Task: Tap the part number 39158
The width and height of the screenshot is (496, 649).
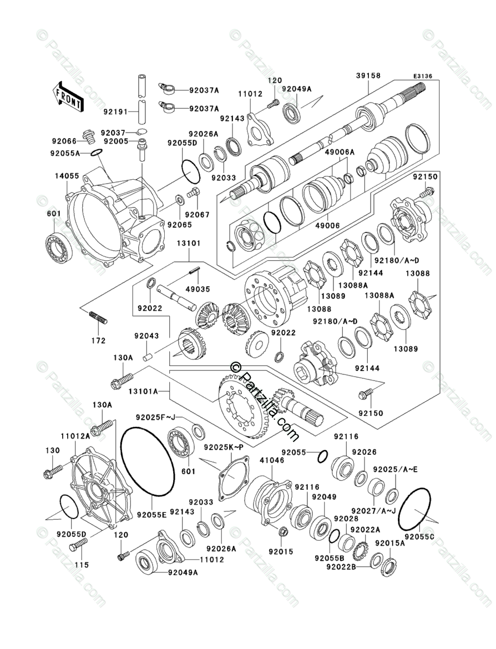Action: (x=368, y=76)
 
